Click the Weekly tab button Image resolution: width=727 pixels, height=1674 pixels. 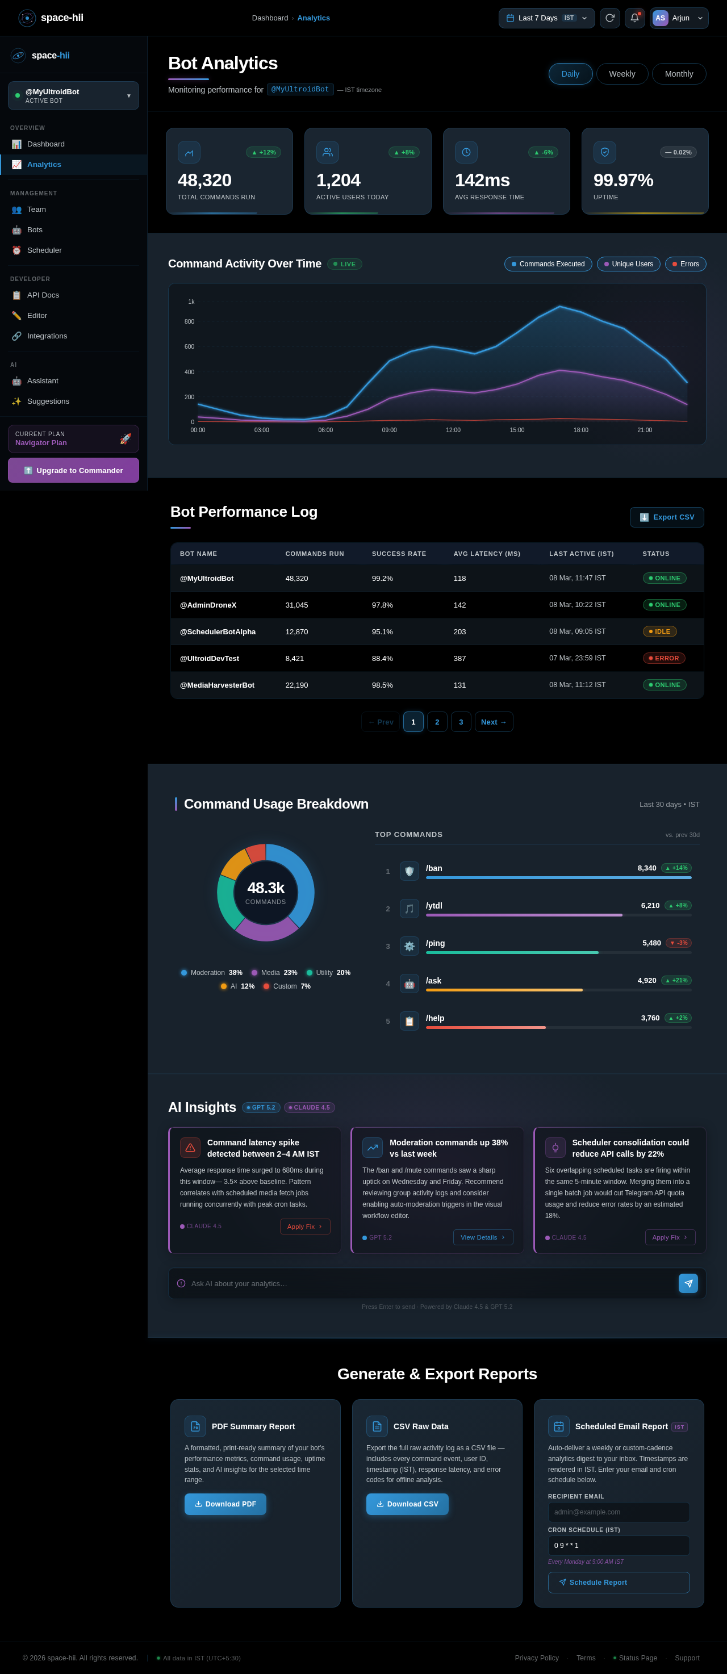[622, 74]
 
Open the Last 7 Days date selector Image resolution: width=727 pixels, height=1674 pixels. [546, 18]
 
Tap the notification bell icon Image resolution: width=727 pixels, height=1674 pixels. [634, 18]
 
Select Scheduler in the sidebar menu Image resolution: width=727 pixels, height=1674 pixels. [44, 250]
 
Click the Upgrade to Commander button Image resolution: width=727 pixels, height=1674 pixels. [73, 471]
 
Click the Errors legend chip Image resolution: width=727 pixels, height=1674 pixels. [685, 264]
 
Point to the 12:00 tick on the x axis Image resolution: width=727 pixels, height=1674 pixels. [453, 430]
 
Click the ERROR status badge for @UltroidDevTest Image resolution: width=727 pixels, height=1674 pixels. [663, 658]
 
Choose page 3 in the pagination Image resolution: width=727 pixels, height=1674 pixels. [461, 722]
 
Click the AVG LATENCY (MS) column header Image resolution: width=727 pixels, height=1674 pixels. [486, 554]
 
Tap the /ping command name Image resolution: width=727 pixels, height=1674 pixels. [435, 943]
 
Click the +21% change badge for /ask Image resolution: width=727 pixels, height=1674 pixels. [676, 981]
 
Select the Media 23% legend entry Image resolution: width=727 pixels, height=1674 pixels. [274, 973]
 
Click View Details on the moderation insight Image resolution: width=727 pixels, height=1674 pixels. [483, 1237]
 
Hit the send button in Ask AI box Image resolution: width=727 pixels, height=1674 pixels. [687, 1283]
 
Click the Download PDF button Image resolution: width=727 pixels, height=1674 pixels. [225, 1504]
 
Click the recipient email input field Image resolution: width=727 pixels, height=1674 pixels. [618, 1512]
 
